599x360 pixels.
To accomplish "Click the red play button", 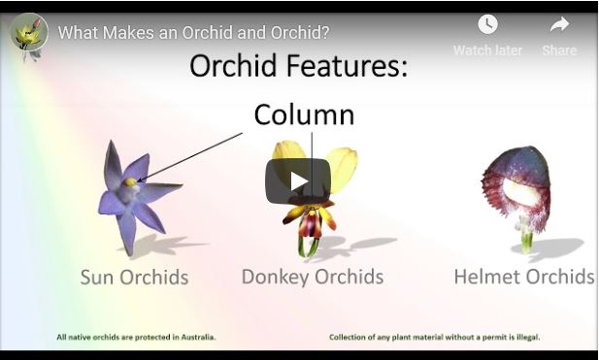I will (x=298, y=181).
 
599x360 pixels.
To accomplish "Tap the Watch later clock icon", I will (x=486, y=24).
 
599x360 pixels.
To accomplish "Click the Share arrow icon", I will (x=559, y=24).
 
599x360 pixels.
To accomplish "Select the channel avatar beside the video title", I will (x=28, y=32).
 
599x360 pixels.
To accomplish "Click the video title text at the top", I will (x=193, y=32).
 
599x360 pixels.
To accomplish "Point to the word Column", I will (x=304, y=115).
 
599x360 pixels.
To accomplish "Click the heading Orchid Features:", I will (x=298, y=66).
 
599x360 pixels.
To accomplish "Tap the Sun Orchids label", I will (x=134, y=278).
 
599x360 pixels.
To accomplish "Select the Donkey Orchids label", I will (x=312, y=278).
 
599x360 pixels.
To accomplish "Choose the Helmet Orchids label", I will (x=523, y=278).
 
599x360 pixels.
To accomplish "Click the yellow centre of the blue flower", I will (x=129, y=181).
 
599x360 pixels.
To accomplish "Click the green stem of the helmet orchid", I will (x=525, y=238).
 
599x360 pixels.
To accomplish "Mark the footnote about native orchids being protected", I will (x=136, y=338).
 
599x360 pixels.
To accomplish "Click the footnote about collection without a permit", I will (x=434, y=338).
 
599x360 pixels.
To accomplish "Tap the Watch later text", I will (x=487, y=50).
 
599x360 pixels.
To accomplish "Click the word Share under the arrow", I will (x=559, y=50).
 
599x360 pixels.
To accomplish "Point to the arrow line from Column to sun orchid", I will (x=194, y=155).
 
